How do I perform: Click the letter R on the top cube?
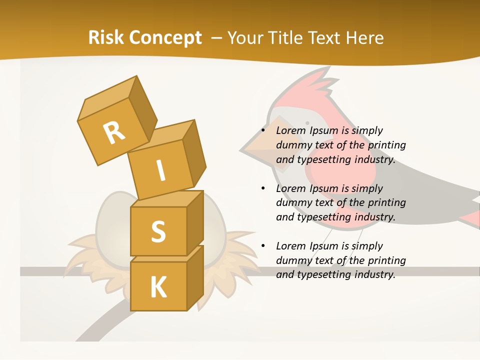114,133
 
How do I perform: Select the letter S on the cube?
158,231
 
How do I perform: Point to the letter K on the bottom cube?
158,287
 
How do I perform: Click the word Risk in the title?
106,37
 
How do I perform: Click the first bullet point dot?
263,131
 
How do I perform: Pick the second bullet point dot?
263,189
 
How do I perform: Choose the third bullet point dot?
263,246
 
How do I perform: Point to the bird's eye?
307,123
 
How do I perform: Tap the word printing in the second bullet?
386,203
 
